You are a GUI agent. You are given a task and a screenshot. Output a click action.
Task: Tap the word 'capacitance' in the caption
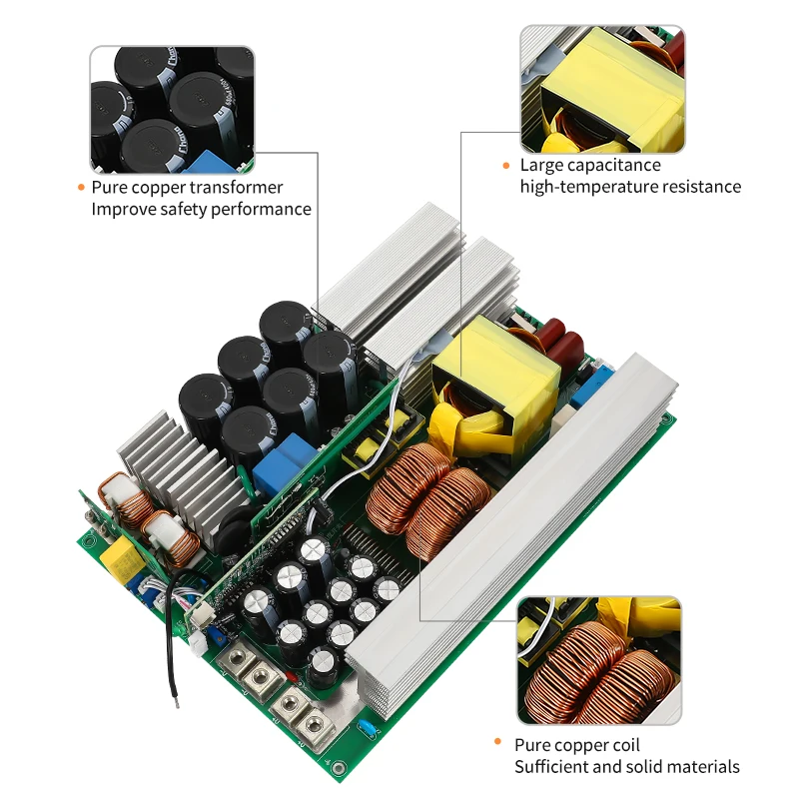tap(609, 165)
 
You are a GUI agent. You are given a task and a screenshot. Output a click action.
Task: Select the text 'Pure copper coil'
tap(576, 745)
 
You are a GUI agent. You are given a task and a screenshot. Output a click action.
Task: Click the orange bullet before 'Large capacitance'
tap(507, 165)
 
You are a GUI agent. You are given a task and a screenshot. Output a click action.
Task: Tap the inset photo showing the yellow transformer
tap(601, 90)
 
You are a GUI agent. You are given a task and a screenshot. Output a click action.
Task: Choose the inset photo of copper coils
tap(598, 661)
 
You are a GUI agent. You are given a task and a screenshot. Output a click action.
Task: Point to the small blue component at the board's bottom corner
tap(370, 728)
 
